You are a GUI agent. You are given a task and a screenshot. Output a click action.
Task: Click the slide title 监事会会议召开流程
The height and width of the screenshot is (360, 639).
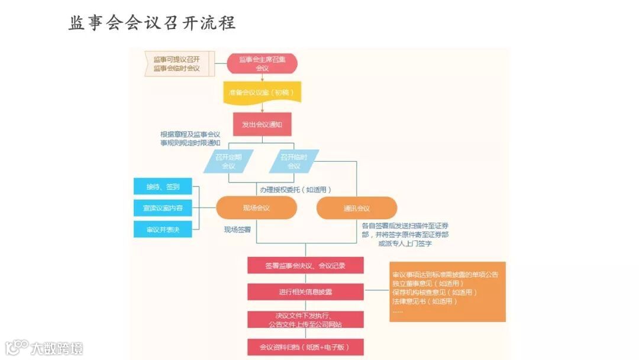152,23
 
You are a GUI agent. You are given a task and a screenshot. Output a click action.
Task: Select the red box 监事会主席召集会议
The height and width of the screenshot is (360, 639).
262,63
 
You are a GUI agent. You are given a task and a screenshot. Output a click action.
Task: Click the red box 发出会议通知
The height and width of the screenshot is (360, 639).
262,124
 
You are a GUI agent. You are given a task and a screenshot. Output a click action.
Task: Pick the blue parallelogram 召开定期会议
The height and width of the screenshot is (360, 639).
228,161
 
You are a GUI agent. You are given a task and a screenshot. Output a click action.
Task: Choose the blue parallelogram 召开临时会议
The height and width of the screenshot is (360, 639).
293,161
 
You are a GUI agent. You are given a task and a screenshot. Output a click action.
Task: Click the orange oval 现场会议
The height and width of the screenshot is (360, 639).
256,208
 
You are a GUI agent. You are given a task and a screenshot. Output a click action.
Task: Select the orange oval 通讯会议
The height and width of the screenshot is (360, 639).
357,208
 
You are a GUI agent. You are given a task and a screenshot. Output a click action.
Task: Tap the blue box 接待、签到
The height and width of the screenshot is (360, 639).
163,187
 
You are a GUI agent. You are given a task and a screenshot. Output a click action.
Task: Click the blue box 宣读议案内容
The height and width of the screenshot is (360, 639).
163,208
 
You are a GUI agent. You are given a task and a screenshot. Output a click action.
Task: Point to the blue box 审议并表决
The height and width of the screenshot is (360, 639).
163,229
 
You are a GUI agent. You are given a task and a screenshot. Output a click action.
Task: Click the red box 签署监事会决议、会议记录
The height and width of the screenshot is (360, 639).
305,266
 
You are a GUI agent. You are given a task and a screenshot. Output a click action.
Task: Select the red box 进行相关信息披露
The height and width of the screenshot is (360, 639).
305,292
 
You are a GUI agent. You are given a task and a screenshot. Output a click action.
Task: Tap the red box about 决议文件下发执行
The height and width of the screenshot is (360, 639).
305,320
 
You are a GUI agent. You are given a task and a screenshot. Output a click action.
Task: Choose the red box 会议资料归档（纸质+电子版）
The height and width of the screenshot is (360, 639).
305,347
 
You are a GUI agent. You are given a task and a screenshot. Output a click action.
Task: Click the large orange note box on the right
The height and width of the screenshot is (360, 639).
447,292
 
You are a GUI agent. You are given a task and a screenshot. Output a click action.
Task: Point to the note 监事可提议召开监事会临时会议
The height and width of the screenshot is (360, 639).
176,63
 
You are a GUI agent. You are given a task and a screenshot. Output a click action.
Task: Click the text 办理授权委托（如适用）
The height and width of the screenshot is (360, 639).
295,189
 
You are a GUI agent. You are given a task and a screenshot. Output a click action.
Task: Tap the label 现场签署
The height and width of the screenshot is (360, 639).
237,229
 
